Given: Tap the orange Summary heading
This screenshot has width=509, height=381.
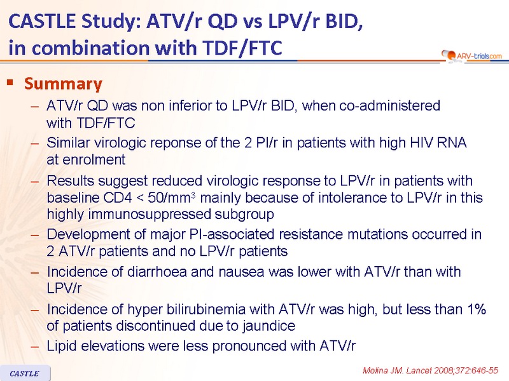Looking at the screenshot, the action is (x=63, y=84).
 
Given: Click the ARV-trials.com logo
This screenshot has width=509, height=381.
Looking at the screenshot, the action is (x=471, y=56).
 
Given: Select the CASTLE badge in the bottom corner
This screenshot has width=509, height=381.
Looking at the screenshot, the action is (x=25, y=373).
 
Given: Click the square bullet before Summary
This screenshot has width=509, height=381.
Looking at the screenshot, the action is (x=10, y=83).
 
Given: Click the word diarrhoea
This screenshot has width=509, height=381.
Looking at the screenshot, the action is (x=157, y=272).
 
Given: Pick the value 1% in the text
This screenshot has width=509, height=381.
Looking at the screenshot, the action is (x=477, y=309).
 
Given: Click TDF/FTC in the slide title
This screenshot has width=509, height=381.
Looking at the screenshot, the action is (x=242, y=48).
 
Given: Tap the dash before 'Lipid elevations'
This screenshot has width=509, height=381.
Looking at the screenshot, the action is (x=35, y=347).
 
